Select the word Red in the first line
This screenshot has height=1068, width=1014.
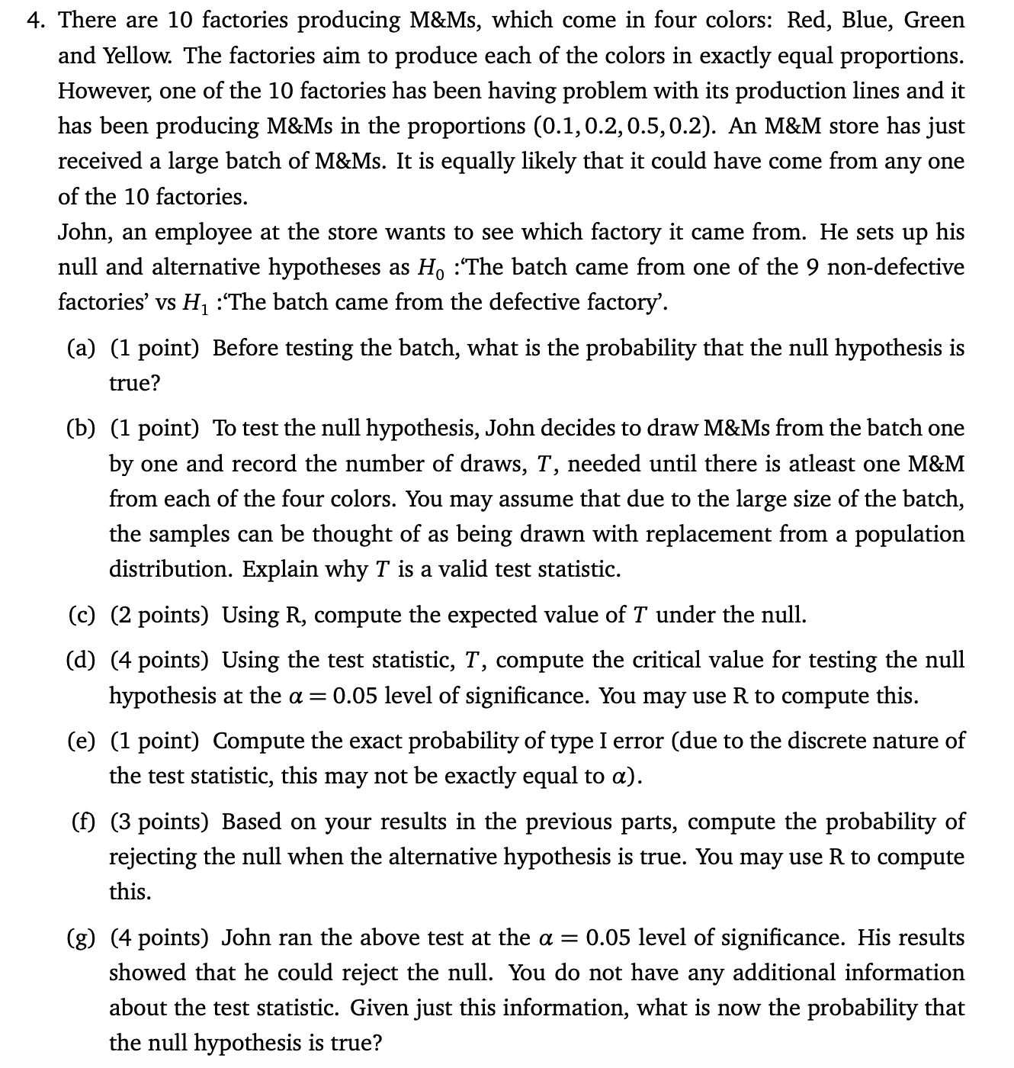point(806,21)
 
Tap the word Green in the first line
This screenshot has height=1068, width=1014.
point(934,21)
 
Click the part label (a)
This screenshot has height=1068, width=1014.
point(82,349)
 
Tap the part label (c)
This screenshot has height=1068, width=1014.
point(82,615)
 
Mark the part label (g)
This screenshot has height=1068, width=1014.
point(82,938)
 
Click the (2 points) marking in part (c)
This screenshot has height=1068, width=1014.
point(159,615)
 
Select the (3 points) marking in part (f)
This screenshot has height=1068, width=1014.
point(159,822)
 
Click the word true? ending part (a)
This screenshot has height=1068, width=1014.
point(135,384)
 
